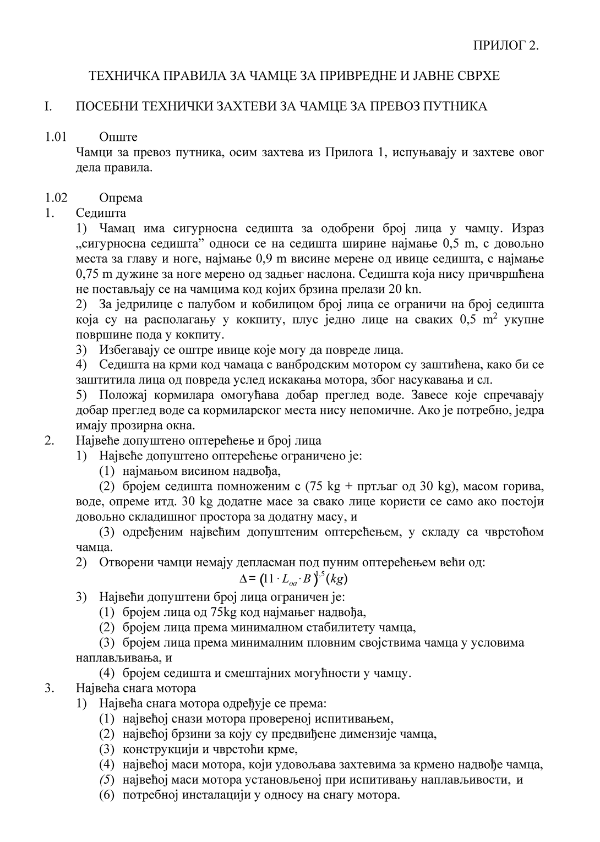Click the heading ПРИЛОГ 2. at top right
[x=505, y=45]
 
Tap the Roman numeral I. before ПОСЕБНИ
[x=48, y=106]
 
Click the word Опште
[x=118, y=137]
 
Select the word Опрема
[x=121, y=198]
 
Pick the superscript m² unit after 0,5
[x=490, y=319]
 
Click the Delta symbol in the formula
[x=244, y=579]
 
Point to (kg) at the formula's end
[x=336, y=579]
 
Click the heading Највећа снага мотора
[x=136, y=688]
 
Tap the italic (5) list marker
[x=106, y=780]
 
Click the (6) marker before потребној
[x=106, y=795]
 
